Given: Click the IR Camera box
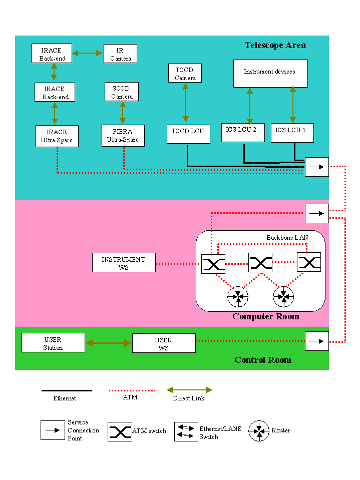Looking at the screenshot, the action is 120,54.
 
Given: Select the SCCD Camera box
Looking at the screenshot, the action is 122,92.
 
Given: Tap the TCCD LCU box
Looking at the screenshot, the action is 188,134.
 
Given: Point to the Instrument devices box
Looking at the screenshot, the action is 270,74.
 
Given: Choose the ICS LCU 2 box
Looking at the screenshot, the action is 243,133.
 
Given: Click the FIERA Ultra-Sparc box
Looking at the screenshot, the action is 123,136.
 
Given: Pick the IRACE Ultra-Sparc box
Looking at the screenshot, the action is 57,136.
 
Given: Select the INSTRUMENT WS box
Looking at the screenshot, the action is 124,263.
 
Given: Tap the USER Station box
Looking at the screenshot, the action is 53,343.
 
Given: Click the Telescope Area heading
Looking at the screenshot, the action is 275,46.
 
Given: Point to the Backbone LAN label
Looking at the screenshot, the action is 287,238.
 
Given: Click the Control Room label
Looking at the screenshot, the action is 263,360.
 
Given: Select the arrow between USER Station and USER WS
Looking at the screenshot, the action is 109,343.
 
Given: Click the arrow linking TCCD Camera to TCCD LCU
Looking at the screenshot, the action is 186,103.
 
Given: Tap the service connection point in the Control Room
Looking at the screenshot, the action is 317,341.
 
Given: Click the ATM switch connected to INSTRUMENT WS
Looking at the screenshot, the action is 213,264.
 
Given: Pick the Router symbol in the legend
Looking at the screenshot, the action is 259,431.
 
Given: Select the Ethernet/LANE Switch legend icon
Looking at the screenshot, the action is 186,431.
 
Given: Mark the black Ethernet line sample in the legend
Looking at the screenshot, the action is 67,390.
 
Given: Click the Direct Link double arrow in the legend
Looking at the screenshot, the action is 189,390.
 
